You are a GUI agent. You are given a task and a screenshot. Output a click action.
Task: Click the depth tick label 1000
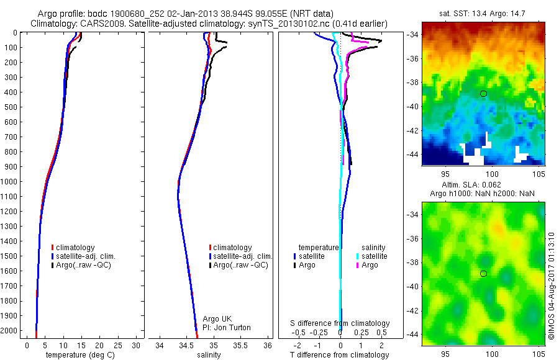click(x=9, y=182)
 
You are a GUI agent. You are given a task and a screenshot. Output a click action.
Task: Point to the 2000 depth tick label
click(x=9, y=331)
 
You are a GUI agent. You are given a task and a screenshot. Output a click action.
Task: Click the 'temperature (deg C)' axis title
click(x=80, y=355)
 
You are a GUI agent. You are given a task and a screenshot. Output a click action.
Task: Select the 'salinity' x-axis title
click(x=209, y=355)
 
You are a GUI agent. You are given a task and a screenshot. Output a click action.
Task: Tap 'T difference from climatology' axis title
click(x=339, y=355)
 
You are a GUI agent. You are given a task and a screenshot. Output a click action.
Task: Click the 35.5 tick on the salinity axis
click(x=240, y=345)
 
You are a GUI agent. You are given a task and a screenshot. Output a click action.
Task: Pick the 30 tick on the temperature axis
click(x=136, y=345)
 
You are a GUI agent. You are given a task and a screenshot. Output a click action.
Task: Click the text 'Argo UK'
click(x=217, y=319)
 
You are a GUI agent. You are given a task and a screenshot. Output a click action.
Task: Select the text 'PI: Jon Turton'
click(x=226, y=328)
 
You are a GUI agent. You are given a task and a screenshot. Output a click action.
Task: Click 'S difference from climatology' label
click(x=340, y=323)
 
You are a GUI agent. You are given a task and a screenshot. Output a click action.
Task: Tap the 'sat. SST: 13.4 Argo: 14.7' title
click(x=482, y=14)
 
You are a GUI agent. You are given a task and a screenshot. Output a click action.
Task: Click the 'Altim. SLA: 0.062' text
click(x=471, y=185)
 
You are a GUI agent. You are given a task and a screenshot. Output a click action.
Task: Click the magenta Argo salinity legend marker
click(x=357, y=265)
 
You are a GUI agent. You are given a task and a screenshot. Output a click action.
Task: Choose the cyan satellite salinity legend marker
click(x=357, y=256)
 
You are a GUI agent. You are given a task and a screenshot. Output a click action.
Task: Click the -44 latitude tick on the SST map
click(x=413, y=155)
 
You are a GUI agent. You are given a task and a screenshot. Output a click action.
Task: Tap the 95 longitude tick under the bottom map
click(x=445, y=354)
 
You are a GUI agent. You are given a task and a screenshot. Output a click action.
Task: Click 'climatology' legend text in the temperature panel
click(x=75, y=248)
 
